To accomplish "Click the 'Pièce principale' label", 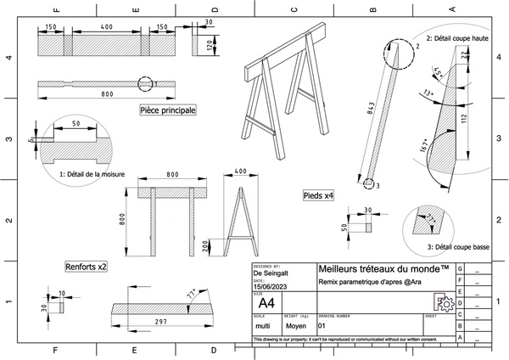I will coord(167,110).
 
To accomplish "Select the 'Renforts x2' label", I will coord(86,267).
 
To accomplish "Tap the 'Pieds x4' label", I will coord(318,195).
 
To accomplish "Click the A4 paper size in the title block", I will coord(266,302).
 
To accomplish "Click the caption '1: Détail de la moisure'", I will coord(92,174).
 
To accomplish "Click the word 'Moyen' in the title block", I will coord(296,324).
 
